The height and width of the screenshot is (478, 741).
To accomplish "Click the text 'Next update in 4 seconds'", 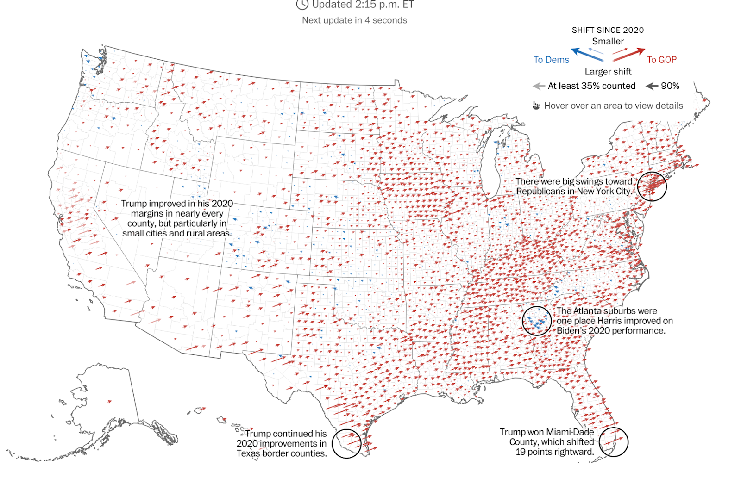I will (354, 20).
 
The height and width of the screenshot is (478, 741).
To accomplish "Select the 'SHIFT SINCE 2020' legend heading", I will (608, 30).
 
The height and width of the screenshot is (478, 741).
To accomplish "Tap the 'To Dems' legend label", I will (551, 60).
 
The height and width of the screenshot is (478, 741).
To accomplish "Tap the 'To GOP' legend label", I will (661, 60).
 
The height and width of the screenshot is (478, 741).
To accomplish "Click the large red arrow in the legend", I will (629, 54).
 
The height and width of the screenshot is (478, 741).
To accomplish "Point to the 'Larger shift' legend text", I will (608, 72).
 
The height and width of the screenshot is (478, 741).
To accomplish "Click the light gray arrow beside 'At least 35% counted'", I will (539, 86).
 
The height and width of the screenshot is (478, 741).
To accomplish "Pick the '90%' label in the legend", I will (670, 86).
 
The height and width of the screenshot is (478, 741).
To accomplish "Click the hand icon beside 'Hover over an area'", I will (536, 106).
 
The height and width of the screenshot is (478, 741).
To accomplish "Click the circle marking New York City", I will (652, 186).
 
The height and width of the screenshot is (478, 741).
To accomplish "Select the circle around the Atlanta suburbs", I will (537, 321).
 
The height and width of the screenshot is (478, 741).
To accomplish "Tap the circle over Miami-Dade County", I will (614, 441).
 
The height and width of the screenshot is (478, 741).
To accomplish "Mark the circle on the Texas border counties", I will (346, 443).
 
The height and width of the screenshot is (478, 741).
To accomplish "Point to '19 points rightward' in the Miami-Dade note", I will (554, 452).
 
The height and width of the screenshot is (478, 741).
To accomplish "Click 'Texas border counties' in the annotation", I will (282, 454).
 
